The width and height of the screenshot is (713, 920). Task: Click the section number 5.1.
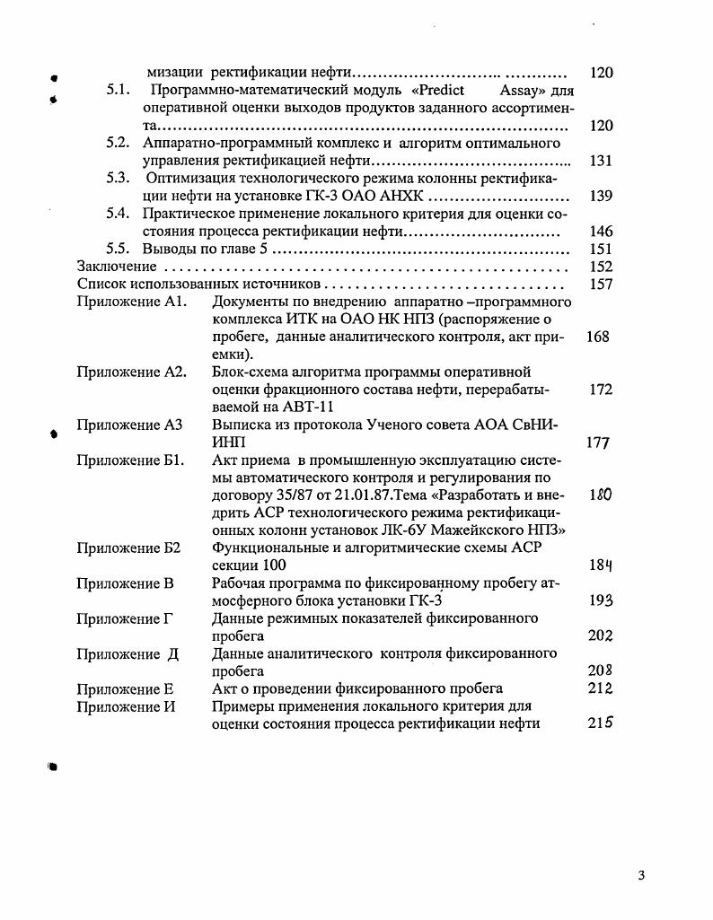[x=119, y=91]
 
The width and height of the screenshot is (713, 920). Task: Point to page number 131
[x=601, y=161]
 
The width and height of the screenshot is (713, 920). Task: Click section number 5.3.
[x=119, y=178]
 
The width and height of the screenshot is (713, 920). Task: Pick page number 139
[x=601, y=196]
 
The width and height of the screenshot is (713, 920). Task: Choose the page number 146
[x=601, y=231]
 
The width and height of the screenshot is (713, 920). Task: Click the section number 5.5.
[x=119, y=249]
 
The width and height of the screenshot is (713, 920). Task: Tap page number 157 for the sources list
[x=601, y=284]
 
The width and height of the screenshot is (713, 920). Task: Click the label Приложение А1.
[x=130, y=302]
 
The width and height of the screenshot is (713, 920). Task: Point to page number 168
[x=597, y=337]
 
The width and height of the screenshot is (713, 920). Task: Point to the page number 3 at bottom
[x=641, y=876]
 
